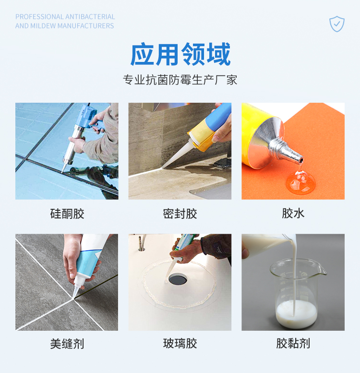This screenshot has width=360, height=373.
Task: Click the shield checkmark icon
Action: (x=336, y=24)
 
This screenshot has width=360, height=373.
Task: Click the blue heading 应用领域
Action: (x=180, y=54)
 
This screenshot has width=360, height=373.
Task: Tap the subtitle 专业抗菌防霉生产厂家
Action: (x=180, y=80)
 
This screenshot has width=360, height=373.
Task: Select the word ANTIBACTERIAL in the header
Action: (x=90, y=17)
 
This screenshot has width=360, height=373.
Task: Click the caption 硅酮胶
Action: (x=67, y=213)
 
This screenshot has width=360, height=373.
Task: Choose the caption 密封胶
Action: (x=180, y=213)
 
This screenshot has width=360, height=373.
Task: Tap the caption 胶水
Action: (x=293, y=213)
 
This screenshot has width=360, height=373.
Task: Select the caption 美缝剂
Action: (x=67, y=344)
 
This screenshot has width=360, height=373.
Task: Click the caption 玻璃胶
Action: (x=180, y=344)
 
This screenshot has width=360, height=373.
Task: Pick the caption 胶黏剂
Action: (x=293, y=344)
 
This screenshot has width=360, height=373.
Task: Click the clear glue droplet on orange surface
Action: (x=300, y=181)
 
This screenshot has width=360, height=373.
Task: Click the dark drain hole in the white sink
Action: (x=178, y=279)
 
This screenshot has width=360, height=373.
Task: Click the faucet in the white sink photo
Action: (x=142, y=242)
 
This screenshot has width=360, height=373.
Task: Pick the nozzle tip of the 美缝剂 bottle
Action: (x=74, y=297)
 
